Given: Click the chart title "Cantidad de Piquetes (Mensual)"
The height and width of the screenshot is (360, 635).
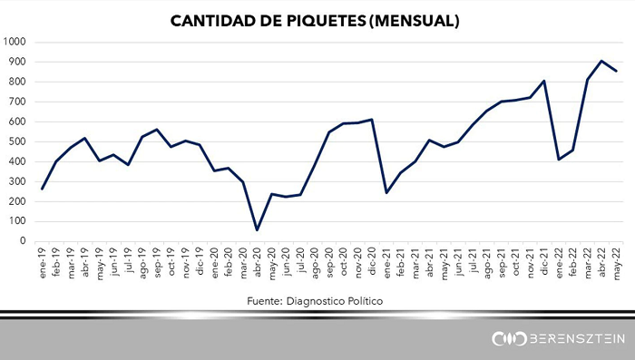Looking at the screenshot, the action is (x=315, y=21).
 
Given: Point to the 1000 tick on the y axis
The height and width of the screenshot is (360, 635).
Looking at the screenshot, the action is (x=15, y=42).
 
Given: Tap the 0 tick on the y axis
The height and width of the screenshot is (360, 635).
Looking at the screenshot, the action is (x=23, y=241).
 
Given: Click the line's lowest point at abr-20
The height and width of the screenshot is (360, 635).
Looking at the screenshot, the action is (x=257, y=230).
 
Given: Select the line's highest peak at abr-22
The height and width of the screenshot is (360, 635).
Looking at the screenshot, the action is (x=601, y=61).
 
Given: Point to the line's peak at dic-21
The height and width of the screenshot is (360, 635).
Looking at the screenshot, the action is (x=544, y=81).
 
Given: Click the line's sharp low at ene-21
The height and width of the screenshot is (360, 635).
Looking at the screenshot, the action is (x=386, y=193).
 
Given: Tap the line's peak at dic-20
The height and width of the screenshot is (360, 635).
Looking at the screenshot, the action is (x=372, y=120).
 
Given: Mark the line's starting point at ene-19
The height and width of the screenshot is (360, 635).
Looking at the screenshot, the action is (x=42, y=189).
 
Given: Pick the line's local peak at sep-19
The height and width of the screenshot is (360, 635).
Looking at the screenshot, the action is (x=157, y=130).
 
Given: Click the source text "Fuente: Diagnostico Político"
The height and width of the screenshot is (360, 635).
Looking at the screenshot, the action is (x=315, y=301).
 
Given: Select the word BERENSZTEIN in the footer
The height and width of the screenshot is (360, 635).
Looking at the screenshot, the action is (x=577, y=339).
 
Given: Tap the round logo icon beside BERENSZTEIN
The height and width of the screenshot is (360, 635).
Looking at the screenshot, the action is (x=509, y=339).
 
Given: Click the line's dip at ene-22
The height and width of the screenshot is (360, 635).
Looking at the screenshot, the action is (x=559, y=160).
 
